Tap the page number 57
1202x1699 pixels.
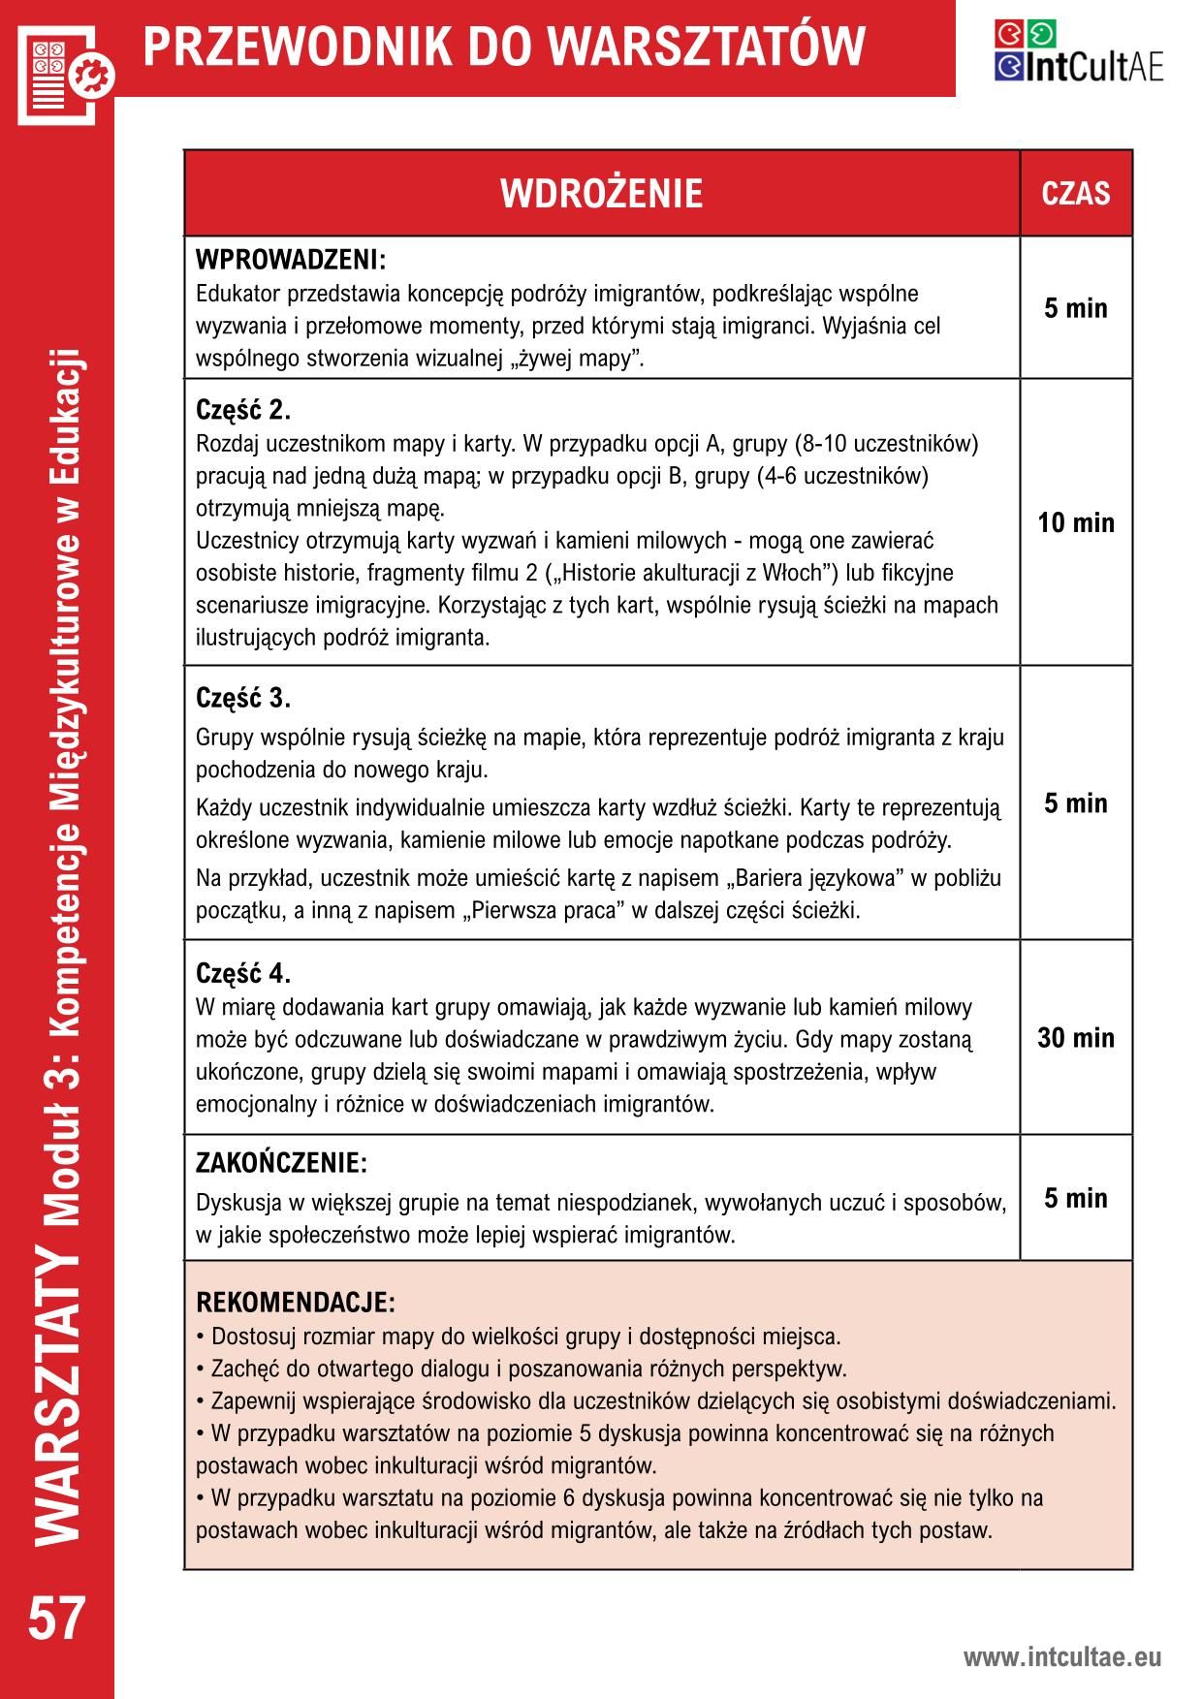coord(57,1620)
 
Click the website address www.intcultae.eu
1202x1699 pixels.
coord(1061,1658)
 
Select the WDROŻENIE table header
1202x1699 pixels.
coord(601,194)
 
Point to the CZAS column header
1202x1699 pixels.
coord(1075,194)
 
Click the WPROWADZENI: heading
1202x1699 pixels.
coord(291,261)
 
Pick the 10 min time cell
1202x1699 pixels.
coord(1075,523)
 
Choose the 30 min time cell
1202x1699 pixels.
coord(1075,1038)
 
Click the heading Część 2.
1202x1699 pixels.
coord(243,410)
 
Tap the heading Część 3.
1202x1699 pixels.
coord(243,698)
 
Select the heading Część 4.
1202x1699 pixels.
coord(243,972)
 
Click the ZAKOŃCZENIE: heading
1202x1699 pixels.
coord(281,1162)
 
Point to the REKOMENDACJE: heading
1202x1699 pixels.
coord(295,1302)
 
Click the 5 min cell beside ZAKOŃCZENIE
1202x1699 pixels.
coord(1075,1199)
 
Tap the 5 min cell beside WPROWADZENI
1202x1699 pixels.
coord(1075,309)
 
